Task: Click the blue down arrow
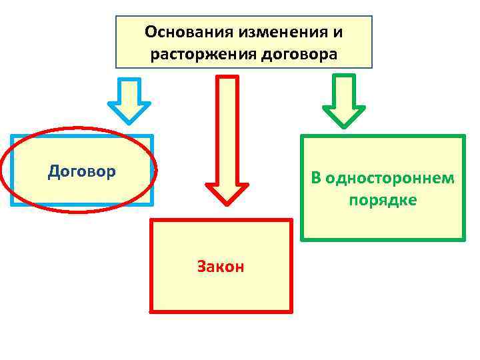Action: coord(130,100)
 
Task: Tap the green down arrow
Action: coord(344,100)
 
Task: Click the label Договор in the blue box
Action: coord(82,171)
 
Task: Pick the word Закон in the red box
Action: coord(221,267)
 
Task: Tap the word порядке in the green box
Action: coord(383,200)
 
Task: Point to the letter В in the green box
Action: coord(316,179)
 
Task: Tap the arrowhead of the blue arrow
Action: coord(130,113)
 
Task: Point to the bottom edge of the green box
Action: coord(383,239)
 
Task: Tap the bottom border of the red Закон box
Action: coord(221,311)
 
